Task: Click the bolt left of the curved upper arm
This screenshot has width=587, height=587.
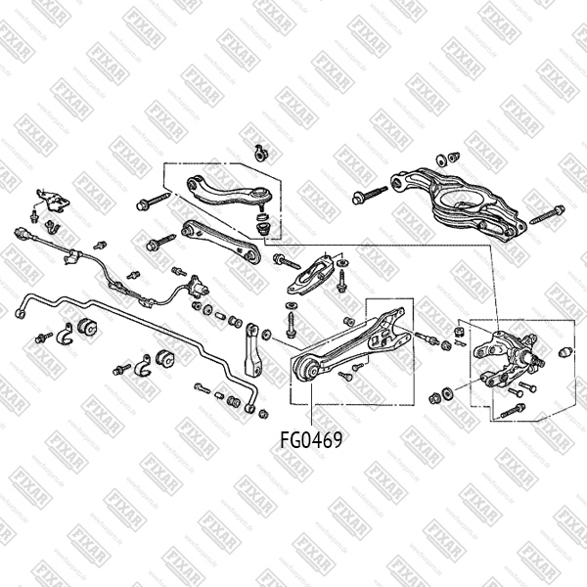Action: pos(152,203)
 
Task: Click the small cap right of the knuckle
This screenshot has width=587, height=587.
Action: pos(564,352)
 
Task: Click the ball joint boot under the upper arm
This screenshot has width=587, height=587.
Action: pos(261,227)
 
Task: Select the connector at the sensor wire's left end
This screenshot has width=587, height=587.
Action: pos(22,235)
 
